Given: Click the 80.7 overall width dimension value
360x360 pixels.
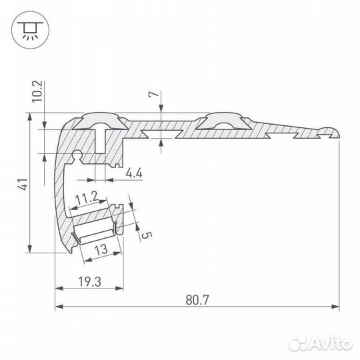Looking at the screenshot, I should (198, 300).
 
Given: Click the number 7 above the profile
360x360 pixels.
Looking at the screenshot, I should (155, 95).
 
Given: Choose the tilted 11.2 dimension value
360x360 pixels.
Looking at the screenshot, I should (87, 198).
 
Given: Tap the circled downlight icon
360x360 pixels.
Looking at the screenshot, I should (28, 29).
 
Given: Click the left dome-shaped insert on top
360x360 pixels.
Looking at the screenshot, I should (101, 121).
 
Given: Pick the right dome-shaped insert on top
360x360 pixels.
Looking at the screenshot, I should (224, 121).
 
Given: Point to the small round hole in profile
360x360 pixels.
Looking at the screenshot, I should (77, 157).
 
